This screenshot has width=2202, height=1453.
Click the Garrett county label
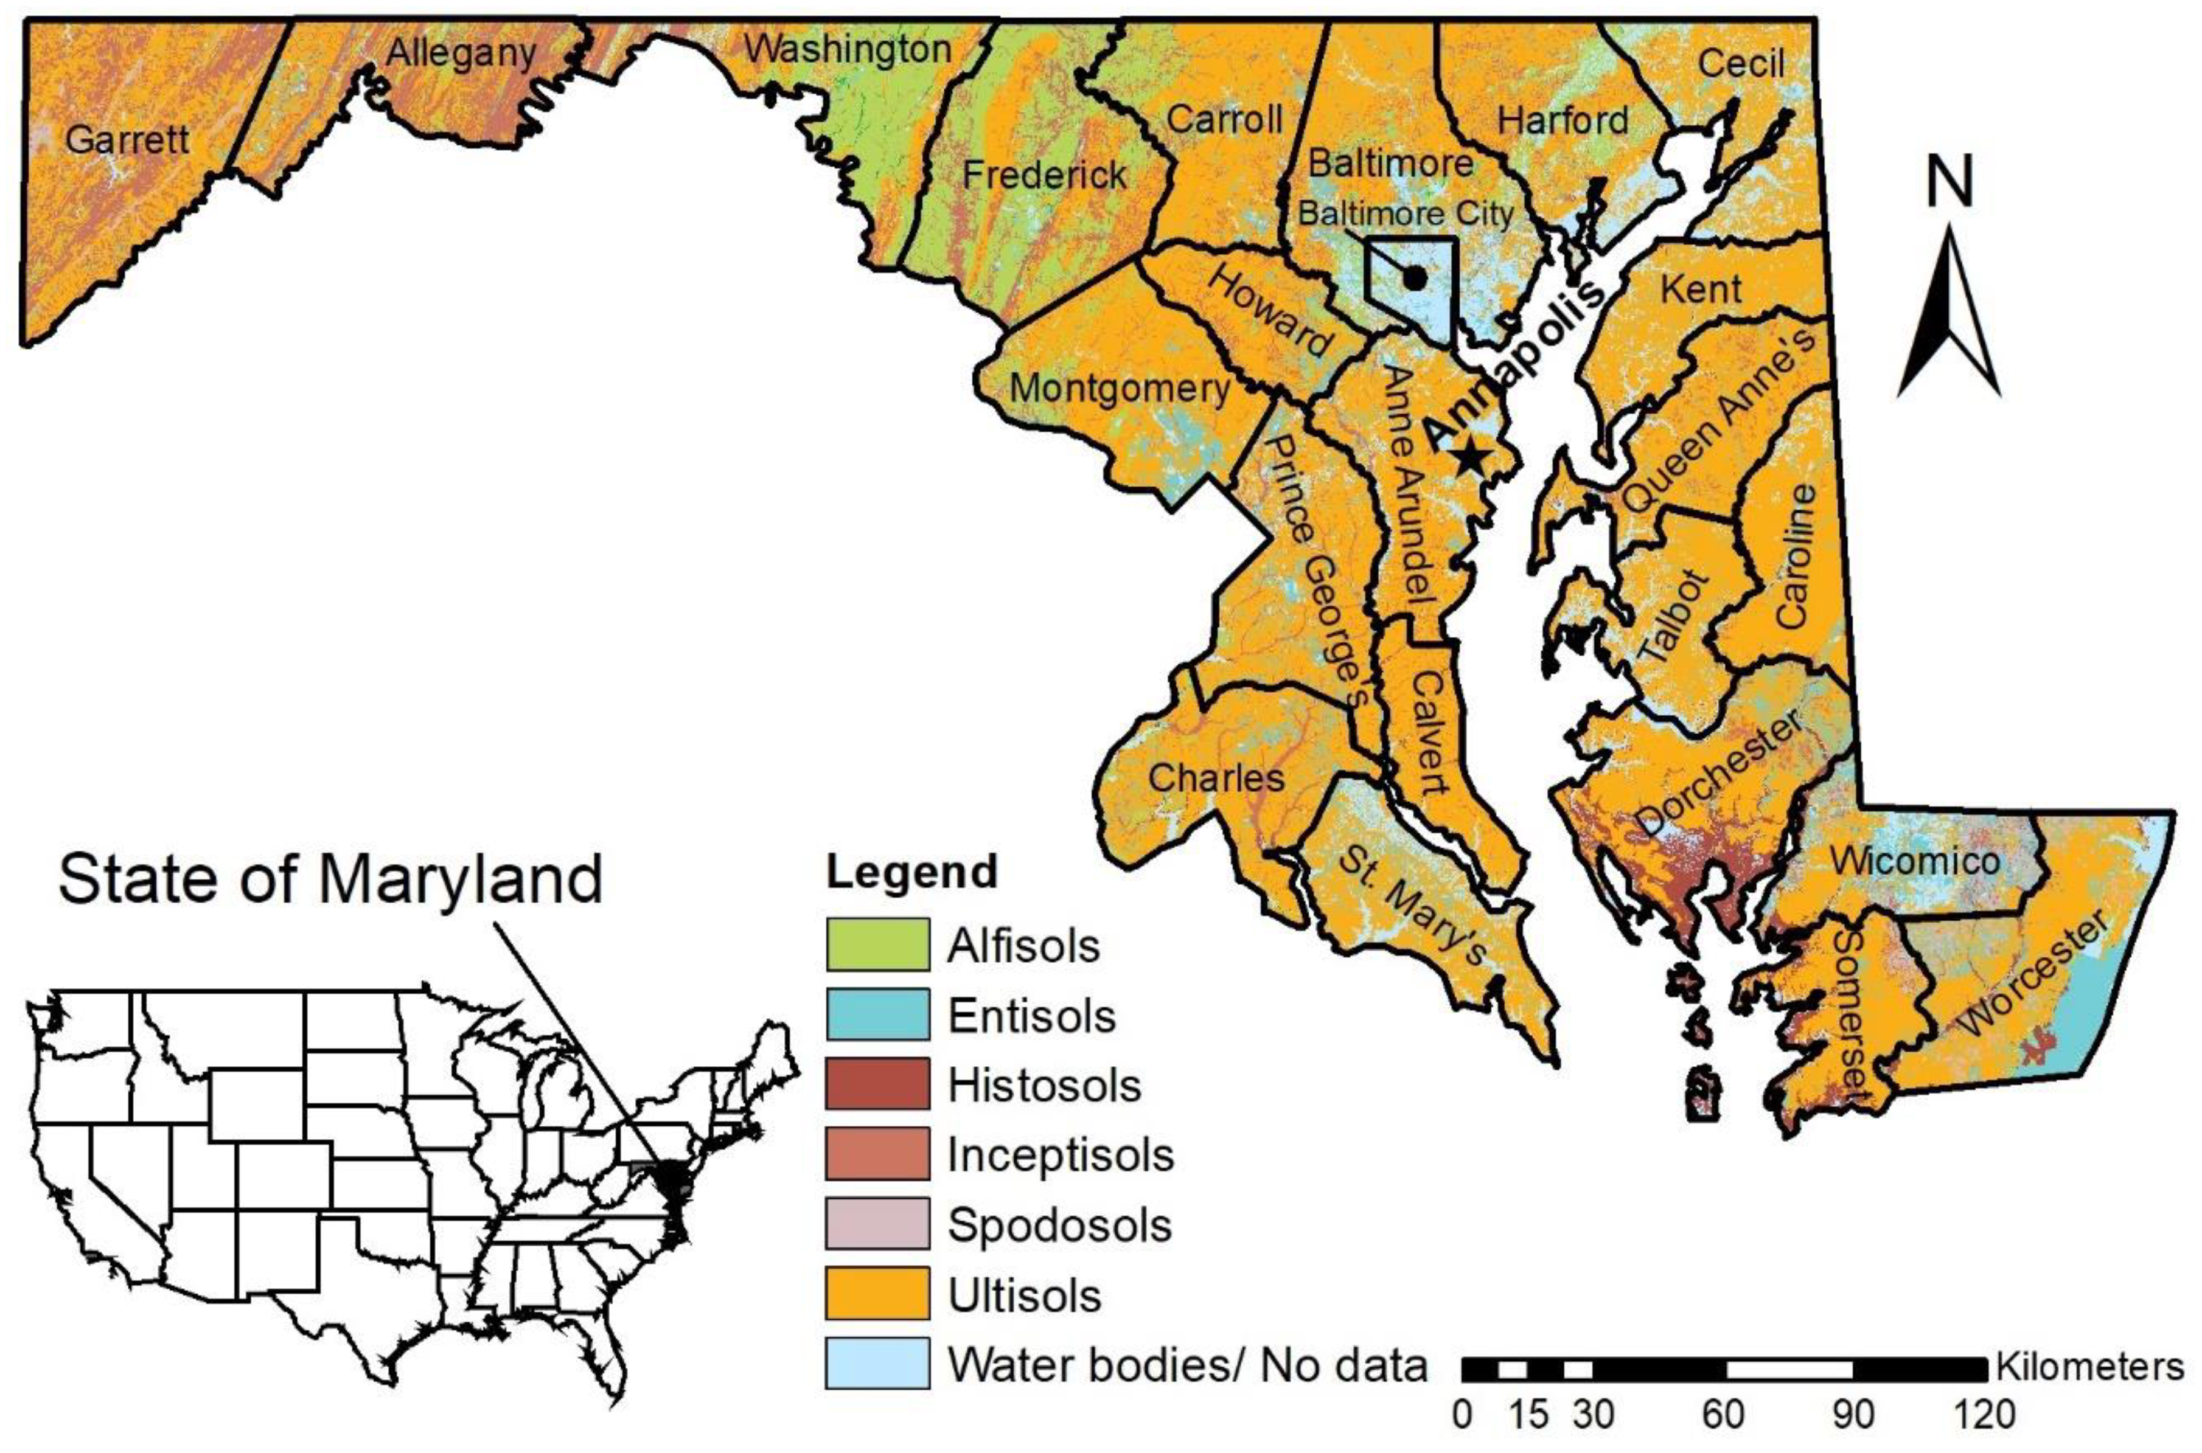(x=127, y=140)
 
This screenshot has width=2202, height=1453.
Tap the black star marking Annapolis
(x=1471, y=456)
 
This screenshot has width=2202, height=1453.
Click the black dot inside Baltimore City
(x=1413, y=277)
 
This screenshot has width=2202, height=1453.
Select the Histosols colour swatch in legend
(x=877, y=1085)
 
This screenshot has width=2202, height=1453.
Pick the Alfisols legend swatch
(x=877, y=945)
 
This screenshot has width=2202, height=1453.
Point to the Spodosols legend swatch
(x=877, y=1225)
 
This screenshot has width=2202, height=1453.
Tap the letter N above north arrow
(x=1950, y=182)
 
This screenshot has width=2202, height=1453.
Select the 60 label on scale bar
(x=1724, y=1416)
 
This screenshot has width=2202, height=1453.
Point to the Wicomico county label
(x=1915, y=862)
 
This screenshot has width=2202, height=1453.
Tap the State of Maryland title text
(x=331, y=879)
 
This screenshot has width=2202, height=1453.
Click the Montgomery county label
(x=1118, y=388)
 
